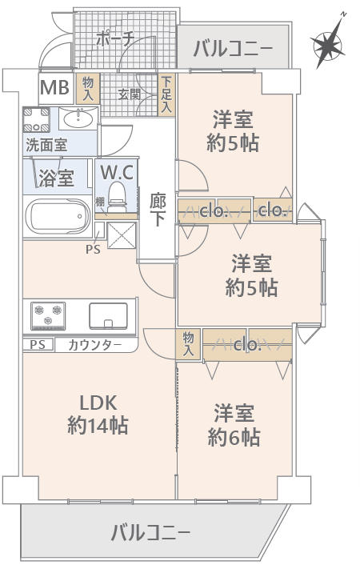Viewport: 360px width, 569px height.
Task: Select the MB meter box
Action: coord(54,86)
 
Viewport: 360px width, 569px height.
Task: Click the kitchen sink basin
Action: coord(107,315)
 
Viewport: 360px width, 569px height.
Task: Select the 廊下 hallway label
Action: coord(158,209)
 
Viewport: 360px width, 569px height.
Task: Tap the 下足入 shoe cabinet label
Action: coord(166,94)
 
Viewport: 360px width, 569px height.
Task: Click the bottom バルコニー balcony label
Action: coord(150,531)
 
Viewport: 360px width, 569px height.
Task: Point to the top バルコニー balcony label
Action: coord(232,50)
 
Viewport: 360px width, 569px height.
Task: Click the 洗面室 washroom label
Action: coord(46,146)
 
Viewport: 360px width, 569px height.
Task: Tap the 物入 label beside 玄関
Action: coord(88,87)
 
